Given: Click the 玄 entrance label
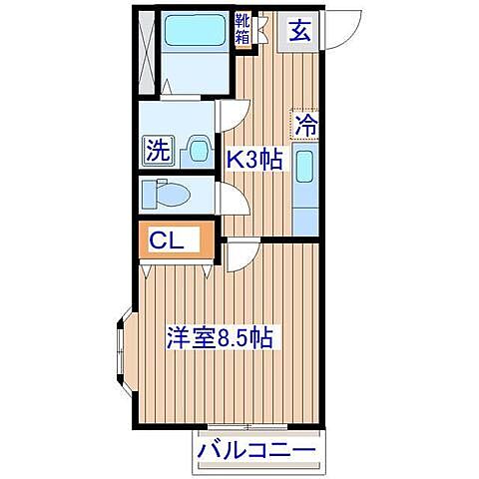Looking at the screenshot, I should click(299, 30).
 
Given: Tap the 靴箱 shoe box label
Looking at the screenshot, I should click(242, 29).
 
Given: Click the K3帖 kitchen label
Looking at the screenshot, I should click(252, 159).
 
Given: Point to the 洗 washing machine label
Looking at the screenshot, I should click(158, 152).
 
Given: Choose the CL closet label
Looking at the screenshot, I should click(166, 239).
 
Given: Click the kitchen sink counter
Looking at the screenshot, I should click(306, 180).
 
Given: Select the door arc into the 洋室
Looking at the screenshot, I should click(239, 256).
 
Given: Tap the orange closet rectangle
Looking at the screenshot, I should click(176, 240).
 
